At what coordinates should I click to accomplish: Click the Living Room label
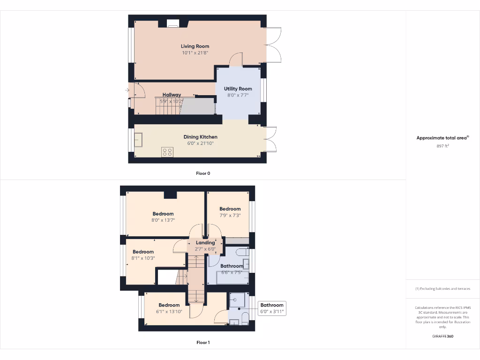coord(195,46)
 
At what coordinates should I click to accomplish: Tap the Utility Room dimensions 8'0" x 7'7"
coord(238,95)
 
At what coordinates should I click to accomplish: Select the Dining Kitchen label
coord(200,137)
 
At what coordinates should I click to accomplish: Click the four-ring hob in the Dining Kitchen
coord(167,152)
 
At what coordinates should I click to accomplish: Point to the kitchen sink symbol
coord(139,140)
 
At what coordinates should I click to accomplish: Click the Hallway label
coord(172,95)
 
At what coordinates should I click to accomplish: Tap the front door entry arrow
coord(127,90)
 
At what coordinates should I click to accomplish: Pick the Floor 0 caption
coord(203,173)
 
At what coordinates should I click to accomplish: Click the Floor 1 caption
coord(203,343)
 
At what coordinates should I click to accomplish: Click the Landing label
coord(205,243)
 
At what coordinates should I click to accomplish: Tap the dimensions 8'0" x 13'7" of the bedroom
coord(163,220)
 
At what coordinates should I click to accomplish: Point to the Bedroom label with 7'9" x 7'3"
coord(230,209)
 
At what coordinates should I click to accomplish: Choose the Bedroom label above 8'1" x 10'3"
coord(143,252)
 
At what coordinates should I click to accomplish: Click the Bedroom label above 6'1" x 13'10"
coord(169,305)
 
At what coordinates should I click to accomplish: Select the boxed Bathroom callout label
coord(272,305)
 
